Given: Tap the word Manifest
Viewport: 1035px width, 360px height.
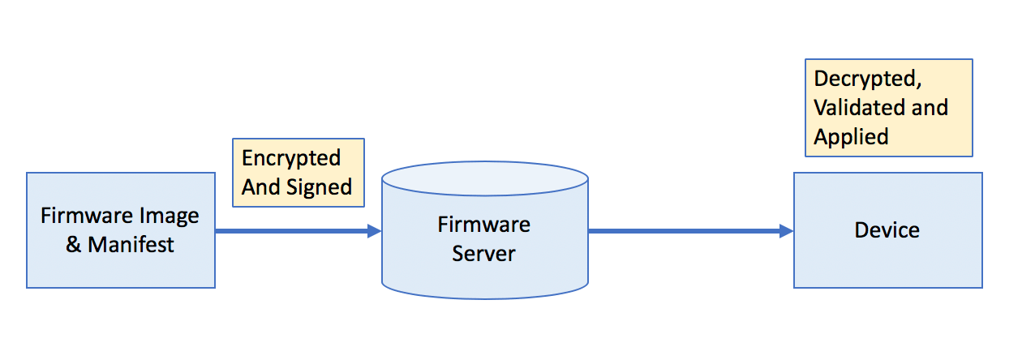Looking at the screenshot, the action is pyautogui.click(x=131, y=245).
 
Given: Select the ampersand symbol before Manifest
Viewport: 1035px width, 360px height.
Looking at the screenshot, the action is pyautogui.click(x=74, y=245).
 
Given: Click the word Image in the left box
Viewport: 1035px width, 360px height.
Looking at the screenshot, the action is pyautogui.click(x=169, y=216).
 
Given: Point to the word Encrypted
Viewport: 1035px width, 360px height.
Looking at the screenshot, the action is pyautogui.click(x=291, y=159).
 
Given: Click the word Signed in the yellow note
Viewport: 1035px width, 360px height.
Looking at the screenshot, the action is pyautogui.click(x=319, y=188).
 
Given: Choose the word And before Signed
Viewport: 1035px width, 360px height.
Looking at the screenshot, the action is pyautogui.click(x=261, y=187).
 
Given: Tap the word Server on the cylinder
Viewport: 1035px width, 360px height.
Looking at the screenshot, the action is pyautogui.click(x=483, y=254).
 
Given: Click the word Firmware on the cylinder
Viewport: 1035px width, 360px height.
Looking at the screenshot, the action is pyautogui.click(x=483, y=225).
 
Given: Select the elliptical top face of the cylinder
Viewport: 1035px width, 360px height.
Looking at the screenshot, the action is pyautogui.click(x=485, y=178).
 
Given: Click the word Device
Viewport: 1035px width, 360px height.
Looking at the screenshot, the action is pyautogui.click(x=887, y=230).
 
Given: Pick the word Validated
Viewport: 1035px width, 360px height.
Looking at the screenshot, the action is pyautogui.click(x=859, y=108).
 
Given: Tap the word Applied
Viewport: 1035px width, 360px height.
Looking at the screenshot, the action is pyautogui.click(x=851, y=137).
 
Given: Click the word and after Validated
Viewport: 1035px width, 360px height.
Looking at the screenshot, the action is pyautogui.click(x=930, y=108).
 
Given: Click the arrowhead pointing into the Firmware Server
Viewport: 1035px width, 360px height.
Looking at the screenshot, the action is pyautogui.click(x=374, y=230).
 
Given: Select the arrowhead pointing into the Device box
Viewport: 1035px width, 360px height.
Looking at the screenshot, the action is pyautogui.click(x=787, y=230).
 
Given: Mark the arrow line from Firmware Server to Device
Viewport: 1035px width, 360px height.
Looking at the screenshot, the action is pyautogui.click(x=691, y=230).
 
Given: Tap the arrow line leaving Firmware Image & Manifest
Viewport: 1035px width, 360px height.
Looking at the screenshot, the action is pyautogui.click(x=298, y=230).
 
